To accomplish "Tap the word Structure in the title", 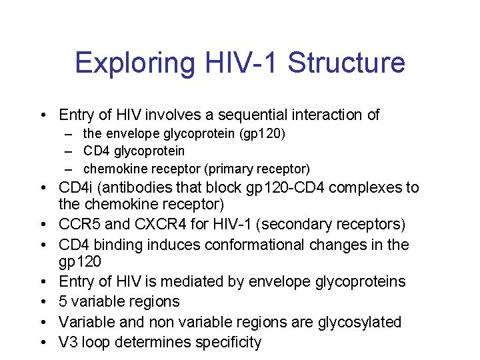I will [x=347, y=63].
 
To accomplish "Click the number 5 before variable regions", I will [x=63, y=301].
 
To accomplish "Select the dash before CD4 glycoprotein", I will [x=69, y=151].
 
